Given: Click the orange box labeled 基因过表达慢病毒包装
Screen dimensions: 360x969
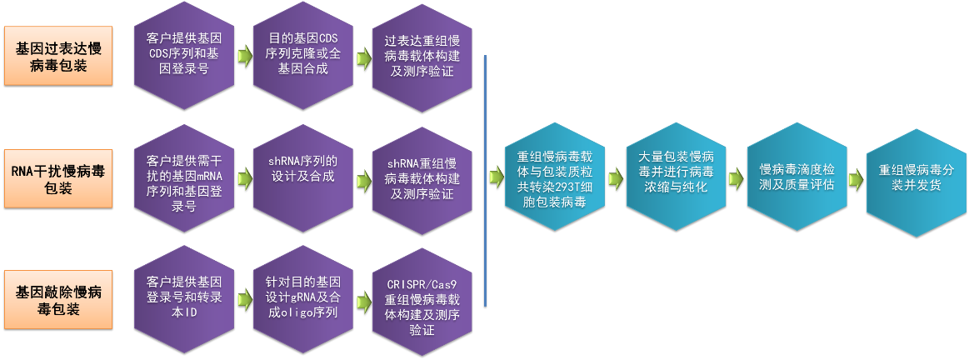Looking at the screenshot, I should coord(57,55).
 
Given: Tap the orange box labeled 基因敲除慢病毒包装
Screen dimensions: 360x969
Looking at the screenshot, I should coord(57,299).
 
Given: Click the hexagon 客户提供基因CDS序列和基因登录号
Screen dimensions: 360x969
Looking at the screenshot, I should coord(184,55).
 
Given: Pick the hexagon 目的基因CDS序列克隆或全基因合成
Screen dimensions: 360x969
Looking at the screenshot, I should coord(303,55).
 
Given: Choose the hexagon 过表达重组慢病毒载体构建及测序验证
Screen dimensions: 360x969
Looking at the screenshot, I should coord(422,55).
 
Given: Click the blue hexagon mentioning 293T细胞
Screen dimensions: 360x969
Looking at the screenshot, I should coord(555,178).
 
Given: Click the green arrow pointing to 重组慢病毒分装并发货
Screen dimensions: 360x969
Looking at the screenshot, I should coord(856,179).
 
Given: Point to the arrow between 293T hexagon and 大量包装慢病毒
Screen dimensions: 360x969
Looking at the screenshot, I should coord(616,179).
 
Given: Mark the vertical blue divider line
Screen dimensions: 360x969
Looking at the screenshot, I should coord(484,179).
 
